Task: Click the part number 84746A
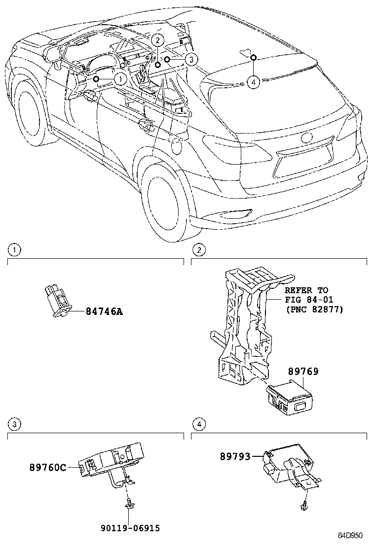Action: click(104, 311)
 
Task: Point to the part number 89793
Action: click(235, 457)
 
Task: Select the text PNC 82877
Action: click(314, 309)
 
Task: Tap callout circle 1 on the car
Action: click(119, 78)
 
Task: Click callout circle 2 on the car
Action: click(156, 40)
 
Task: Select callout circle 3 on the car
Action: click(191, 60)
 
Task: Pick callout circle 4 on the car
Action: click(253, 82)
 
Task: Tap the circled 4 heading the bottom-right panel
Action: click(198, 424)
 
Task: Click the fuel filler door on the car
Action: click(176, 145)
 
